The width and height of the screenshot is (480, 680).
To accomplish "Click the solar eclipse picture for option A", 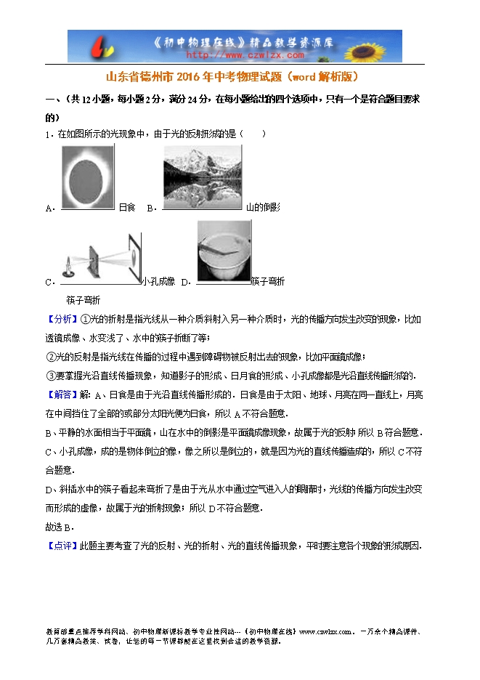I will tap(87, 177).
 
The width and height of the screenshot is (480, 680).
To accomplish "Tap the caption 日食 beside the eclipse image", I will tap(127, 208).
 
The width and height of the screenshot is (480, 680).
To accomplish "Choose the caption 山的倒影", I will tap(263, 208).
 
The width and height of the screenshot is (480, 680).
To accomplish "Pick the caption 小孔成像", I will tap(159, 282).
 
